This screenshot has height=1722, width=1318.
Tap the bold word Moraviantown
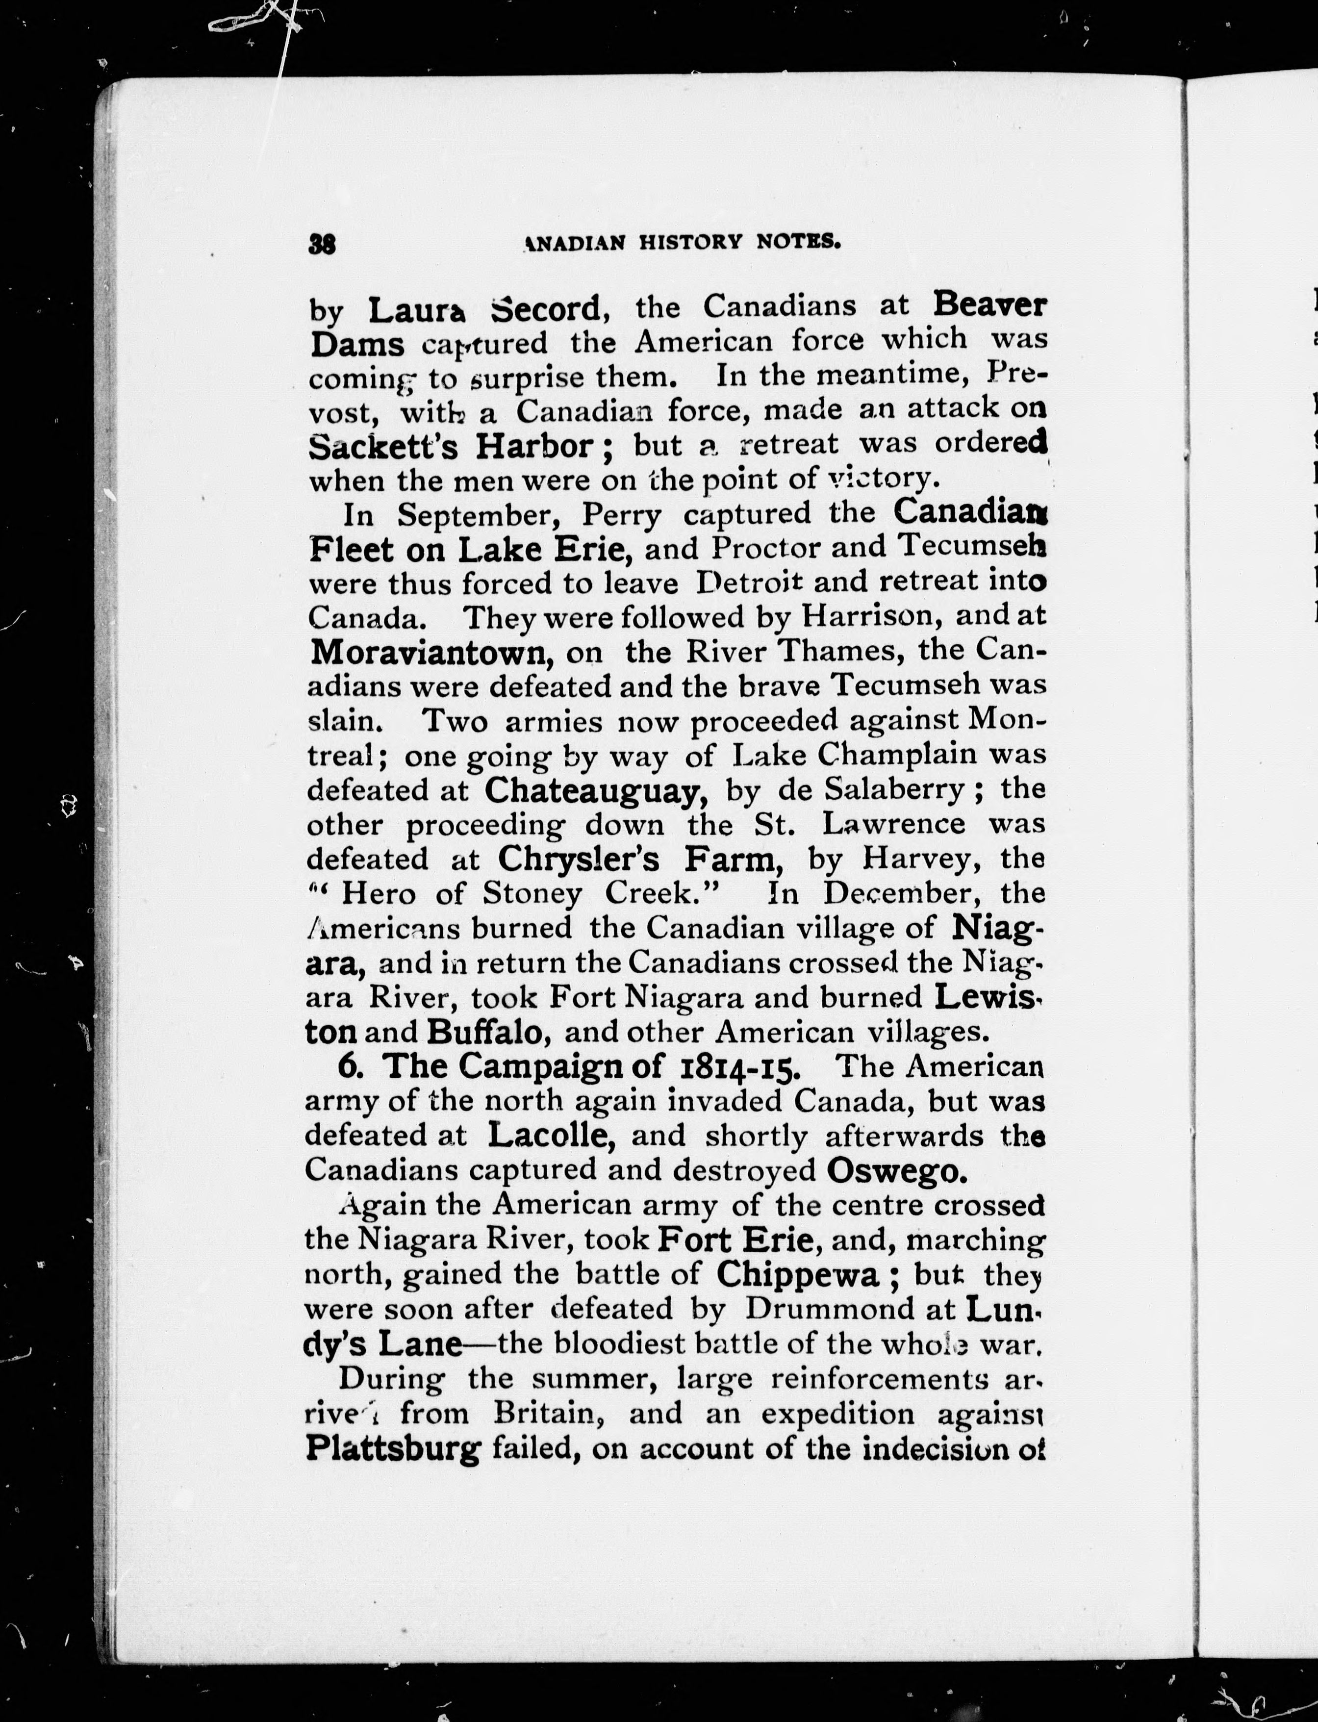429,652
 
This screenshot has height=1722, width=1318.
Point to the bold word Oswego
893,1170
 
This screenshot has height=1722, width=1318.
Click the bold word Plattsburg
392,1449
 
